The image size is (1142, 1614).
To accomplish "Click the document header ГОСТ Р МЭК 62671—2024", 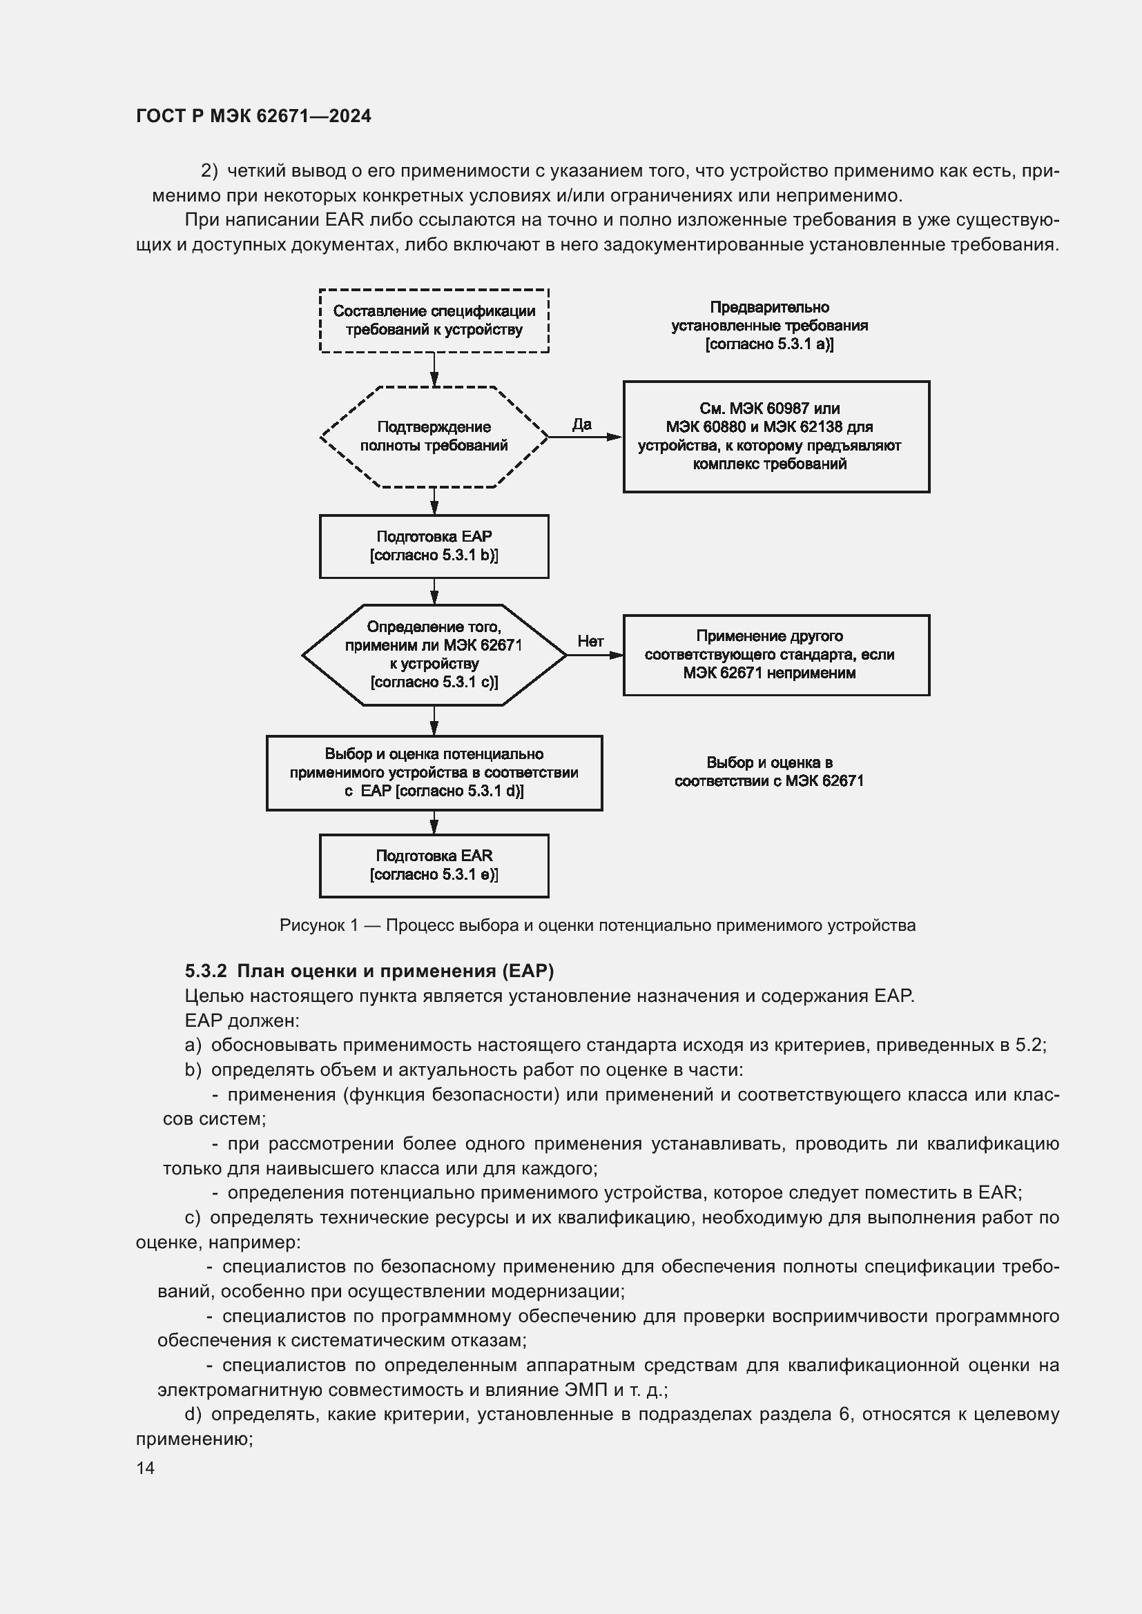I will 253,116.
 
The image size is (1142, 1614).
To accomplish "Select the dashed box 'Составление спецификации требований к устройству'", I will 434,321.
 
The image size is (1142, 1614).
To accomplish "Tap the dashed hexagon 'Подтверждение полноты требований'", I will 434,437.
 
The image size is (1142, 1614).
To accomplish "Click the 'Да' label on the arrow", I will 581,424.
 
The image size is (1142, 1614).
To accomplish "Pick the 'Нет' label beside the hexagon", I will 590,641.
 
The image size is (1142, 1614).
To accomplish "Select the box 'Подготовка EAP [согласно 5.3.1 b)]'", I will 434,547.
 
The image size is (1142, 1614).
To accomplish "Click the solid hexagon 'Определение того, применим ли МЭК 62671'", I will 434,654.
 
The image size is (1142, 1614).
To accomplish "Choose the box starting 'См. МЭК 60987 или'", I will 775,437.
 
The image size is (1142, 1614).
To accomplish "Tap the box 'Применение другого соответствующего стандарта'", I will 775,655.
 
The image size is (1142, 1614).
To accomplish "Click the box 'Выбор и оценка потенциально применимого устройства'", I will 434,773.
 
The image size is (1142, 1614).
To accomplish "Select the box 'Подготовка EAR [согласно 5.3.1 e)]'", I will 434,865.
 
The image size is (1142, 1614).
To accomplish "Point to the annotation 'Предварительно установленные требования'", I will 769,326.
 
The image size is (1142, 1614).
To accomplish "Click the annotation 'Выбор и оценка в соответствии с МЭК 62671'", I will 769,772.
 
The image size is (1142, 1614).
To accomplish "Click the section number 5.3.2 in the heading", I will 205,971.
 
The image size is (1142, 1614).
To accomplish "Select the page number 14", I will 146,1468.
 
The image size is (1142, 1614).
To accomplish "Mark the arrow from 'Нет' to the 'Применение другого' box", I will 595,655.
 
